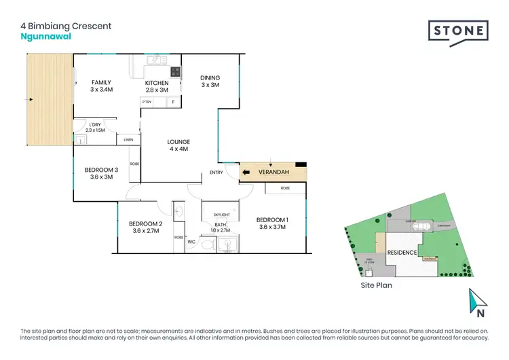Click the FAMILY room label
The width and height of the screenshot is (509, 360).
click(100, 83)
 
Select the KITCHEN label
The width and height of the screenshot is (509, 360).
click(157, 83)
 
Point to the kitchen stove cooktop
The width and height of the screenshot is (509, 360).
click(175, 71)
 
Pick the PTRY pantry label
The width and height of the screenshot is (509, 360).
click(147, 102)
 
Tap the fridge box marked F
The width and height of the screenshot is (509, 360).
click(172, 102)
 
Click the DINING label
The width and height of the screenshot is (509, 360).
click(210, 77)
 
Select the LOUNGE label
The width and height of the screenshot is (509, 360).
click(179, 142)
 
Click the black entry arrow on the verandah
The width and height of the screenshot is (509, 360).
click(246, 173)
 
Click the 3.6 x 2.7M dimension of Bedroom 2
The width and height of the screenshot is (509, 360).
click(146, 231)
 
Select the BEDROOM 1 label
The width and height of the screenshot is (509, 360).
click(272, 219)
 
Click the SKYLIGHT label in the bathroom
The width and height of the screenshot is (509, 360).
click(221, 215)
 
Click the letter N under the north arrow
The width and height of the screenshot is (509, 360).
click(479, 314)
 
